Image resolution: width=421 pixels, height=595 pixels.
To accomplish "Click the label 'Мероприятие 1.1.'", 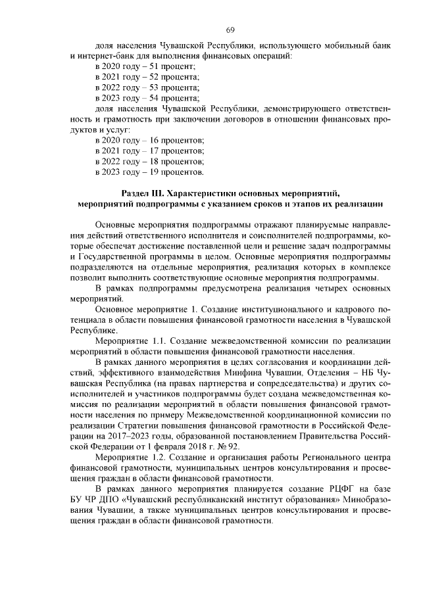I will pyautogui.click(x=128, y=341).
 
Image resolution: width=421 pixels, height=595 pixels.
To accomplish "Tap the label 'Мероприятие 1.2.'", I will pyautogui.click(x=128, y=456).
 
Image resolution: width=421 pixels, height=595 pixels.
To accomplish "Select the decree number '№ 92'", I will pyautogui.click(x=234, y=444).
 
